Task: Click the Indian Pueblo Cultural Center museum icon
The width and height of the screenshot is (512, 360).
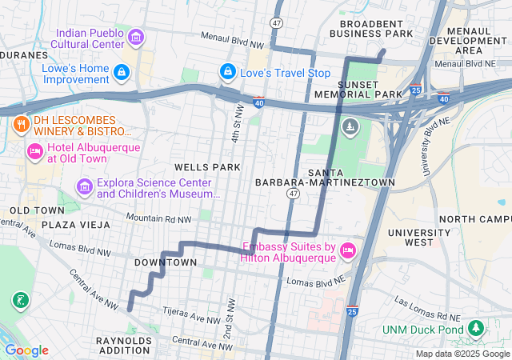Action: (x=135, y=38)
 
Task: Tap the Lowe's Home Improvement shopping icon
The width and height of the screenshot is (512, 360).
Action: (x=121, y=73)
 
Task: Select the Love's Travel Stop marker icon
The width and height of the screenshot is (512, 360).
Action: (x=228, y=73)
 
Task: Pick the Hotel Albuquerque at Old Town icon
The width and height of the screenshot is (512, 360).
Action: (x=35, y=151)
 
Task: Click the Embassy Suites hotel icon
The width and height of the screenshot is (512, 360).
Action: (x=348, y=251)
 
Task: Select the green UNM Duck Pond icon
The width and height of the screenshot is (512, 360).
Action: (x=476, y=328)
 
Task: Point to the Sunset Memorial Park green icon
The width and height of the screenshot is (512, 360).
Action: (x=350, y=126)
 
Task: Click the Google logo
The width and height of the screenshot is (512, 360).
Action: (x=26, y=350)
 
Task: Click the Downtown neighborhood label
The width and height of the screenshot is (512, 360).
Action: (x=165, y=262)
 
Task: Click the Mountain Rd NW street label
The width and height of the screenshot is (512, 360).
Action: (x=159, y=218)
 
